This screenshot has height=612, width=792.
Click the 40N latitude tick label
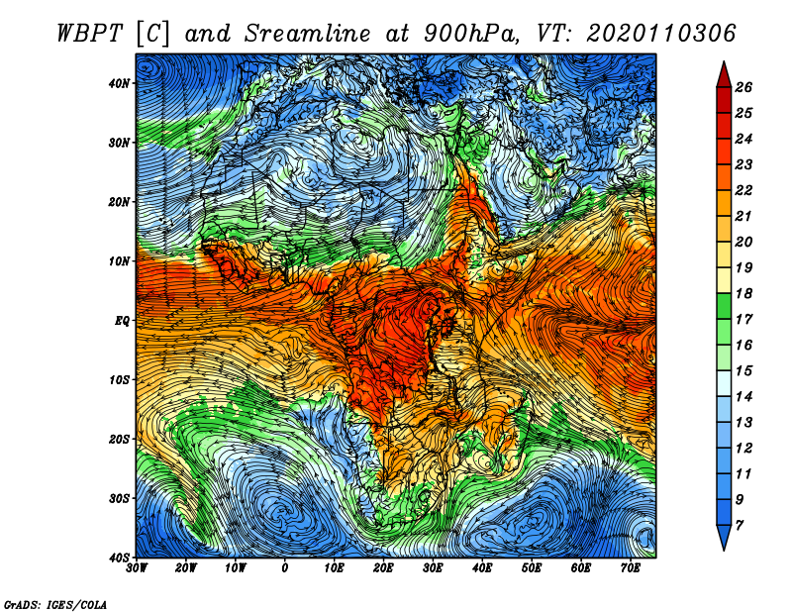pyautogui.click(x=119, y=83)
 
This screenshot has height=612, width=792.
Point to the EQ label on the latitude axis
pyautogui.click(x=122, y=321)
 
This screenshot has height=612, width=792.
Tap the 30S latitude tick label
pyautogui.click(x=119, y=499)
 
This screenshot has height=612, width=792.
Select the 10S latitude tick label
pyautogui.click(x=119, y=380)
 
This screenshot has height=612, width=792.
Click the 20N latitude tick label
pyautogui.click(x=119, y=202)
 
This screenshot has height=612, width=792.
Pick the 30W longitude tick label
pyautogui.click(x=137, y=568)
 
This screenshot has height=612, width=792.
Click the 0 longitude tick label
pyautogui.click(x=285, y=568)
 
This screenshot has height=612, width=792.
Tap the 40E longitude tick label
pyautogui.click(x=482, y=568)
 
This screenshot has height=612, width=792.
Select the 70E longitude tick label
pyautogui.click(x=631, y=568)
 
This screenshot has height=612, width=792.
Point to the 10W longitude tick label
pyautogui.click(x=236, y=568)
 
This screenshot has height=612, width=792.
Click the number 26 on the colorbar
pyautogui.click(x=743, y=87)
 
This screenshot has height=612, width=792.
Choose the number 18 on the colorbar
pyautogui.click(x=743, y=293)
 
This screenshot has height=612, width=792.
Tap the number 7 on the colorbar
pyautogui.click(x=740, y=526)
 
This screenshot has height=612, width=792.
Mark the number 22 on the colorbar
pyautogui.click(x=743, y=190)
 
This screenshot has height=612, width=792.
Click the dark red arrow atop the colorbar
pyautogui.click(x=724, y=75)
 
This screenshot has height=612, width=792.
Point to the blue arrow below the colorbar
pyautogui.click(x=724, y=538)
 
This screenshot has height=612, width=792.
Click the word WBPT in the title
pyautogui.click(x=89, y=34)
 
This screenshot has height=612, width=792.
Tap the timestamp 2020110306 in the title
pyautogui.click(x=660, y=34)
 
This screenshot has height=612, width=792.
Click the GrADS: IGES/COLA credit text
pyautogui.click(x=55, y=605)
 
